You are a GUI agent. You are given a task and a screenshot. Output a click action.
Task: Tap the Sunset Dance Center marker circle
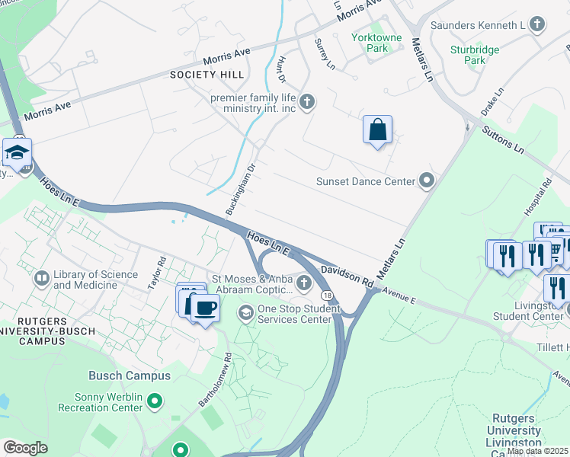(427, 181)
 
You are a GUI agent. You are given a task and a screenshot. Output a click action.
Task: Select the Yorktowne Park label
(370, 43)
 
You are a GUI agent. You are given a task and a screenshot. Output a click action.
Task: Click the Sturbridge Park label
(474, 55)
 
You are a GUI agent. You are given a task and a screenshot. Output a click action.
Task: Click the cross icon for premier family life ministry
(307, 102)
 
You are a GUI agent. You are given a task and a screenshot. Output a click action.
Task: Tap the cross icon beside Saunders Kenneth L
(537, 25)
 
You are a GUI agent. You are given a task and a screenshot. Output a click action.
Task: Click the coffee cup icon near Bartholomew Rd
(204, 308)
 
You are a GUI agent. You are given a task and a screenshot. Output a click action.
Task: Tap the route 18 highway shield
(326, 294)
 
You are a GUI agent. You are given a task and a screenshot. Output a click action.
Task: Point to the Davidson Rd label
(347, 276)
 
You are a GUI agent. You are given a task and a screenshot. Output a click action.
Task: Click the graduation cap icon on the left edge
(17, 153)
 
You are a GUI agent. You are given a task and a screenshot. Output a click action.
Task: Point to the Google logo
(25, 448)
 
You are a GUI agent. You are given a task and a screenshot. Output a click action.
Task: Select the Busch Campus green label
(130, 376)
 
